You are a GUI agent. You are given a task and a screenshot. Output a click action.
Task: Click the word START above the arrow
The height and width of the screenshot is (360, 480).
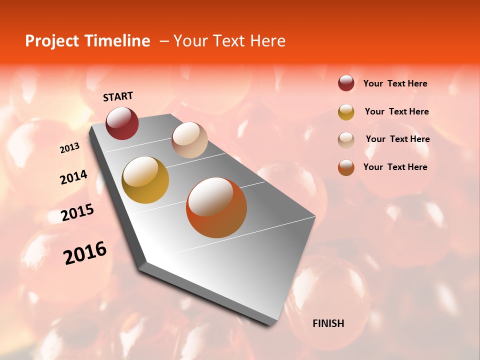(x=118, y=96)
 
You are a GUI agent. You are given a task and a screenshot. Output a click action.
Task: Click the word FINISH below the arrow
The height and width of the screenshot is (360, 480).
(x=328, y=323)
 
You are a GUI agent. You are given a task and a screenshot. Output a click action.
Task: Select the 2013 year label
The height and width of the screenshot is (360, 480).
(x=69, y=148)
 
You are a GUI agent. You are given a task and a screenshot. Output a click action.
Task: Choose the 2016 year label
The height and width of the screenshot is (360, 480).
(x=85, y=253)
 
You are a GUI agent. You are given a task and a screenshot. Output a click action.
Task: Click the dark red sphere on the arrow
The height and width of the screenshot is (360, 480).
(x=122, y=123)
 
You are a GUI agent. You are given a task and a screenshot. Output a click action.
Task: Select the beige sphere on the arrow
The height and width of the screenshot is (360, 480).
(x=189, y=140)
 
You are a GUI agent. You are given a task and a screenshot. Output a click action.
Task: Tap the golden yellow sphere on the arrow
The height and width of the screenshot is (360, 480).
(x=145, y=180)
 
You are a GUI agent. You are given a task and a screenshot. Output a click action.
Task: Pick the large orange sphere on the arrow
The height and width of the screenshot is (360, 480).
(x=216, y=207)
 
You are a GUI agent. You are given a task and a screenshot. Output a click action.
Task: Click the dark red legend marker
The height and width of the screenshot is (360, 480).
(x=346, y=83)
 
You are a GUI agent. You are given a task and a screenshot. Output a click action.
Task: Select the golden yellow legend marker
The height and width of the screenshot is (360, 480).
(x=346, y=112)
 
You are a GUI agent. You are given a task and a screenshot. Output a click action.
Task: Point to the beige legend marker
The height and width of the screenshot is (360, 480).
(x=346, y=140)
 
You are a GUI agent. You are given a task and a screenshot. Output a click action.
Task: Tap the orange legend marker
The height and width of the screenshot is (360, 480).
(x=346, y=167)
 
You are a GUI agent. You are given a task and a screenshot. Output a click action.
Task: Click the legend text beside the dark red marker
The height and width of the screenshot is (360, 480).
(x=395, y=83)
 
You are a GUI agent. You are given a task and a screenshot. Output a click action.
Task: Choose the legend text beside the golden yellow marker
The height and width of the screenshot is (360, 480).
(x=396, y=111)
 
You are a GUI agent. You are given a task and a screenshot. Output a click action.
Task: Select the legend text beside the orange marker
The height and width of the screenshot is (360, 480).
(x=395, y=167)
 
